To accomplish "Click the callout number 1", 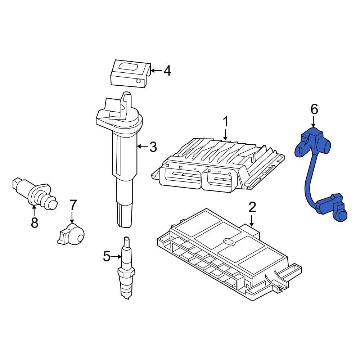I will click(225, 122).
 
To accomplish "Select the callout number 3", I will click(153, 147).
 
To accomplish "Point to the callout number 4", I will click(167, 71).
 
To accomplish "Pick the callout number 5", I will click(107, 256).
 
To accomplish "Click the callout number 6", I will click(314, 109).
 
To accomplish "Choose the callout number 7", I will click(73, 205).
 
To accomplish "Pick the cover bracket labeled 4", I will click(130, 74).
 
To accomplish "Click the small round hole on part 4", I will click(138, 81).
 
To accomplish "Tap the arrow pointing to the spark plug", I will click(116, 257).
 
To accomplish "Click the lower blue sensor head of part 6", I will click(333, 208).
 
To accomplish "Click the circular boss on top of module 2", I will click(228, 242).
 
